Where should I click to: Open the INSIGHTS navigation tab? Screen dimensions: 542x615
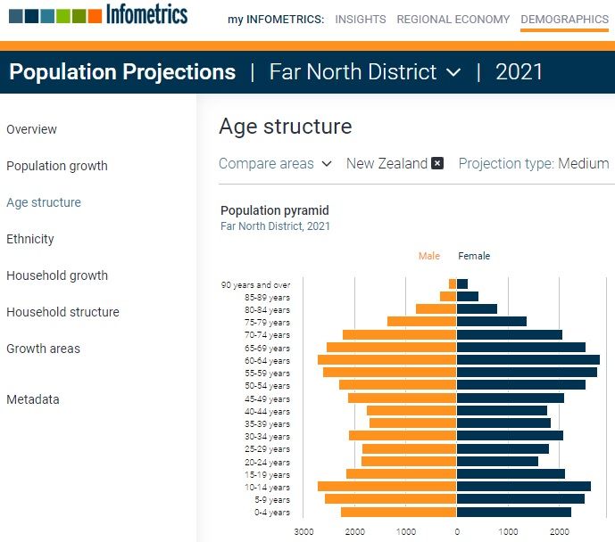(361, 19)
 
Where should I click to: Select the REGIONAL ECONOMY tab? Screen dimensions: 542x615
(453, 19)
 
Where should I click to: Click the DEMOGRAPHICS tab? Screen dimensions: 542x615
(564, 19)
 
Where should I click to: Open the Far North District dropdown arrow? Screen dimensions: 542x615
(453, 72)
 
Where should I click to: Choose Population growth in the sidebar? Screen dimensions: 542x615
(57, 166)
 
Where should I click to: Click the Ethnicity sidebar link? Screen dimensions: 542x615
(30, 239)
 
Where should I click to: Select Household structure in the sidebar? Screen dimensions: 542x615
(62, 312)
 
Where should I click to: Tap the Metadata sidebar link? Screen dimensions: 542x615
(33, 399)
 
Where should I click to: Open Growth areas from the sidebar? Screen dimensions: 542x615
(43, 349)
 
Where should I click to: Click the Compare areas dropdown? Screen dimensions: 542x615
(275, 164)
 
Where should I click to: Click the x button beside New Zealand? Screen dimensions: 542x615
(437, 164)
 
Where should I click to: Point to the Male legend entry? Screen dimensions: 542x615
(429, 256)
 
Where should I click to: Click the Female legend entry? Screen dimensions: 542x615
(474, 256)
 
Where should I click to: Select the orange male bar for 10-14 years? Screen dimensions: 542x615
(387, 487)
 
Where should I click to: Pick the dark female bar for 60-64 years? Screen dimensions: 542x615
(528, 360)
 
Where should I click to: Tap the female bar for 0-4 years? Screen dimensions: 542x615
(513, 513)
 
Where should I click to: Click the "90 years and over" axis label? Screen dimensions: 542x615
(255, 285)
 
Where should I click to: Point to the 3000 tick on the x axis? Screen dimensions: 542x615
(303, 531)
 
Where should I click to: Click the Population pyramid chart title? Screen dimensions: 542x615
(275, 211)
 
